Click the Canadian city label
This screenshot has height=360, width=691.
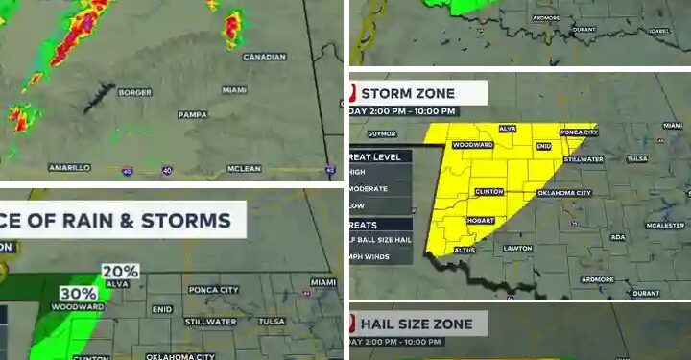[265, 57]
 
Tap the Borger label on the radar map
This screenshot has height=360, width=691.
[134, 92]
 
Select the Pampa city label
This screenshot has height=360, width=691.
[192, 115]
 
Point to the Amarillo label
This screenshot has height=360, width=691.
[69, 167]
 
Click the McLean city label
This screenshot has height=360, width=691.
[244, 168]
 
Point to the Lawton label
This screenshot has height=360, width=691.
[518, 248]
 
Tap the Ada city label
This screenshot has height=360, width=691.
[618, 236]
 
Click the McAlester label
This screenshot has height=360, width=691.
[666, 225]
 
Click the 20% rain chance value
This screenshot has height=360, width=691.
[121, 272]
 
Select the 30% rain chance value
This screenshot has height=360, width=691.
[79, 293]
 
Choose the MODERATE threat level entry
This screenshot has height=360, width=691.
[370, 189]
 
